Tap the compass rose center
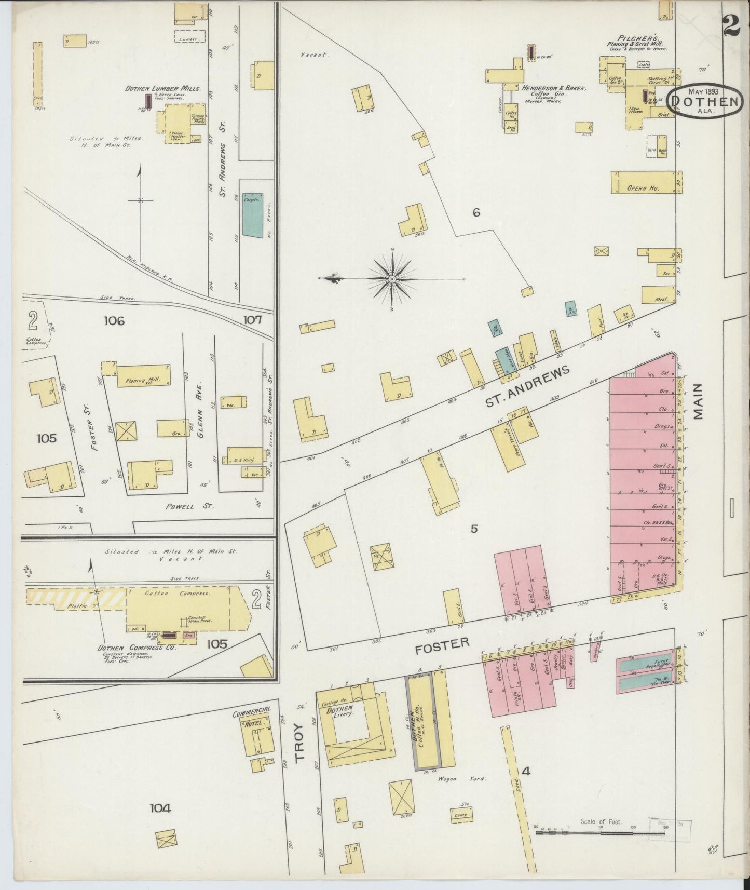[x=392, y=279]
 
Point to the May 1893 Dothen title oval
[x=703, y=100]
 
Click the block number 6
[x=476, y=212]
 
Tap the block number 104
[x=160, y=808]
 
